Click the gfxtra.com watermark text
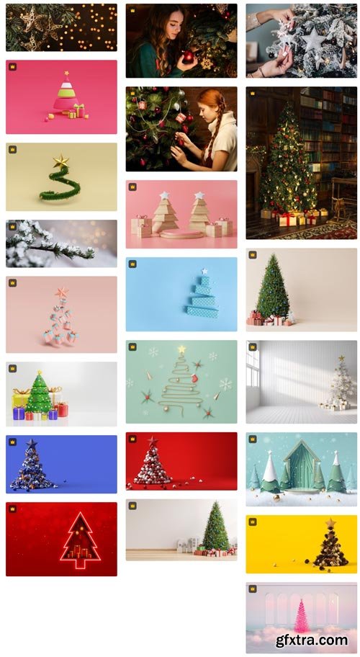click(x=312, y=640)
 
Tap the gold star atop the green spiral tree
click(x=61, y=162)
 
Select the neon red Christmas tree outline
click(x=80, y=540)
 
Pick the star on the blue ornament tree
click(x=32, y=444)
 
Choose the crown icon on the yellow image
click(x=253, y=522)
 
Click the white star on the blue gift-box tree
click(x=204, y=271)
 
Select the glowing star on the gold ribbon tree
click(x=181, y=349)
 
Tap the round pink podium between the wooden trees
click(x=181, y=234)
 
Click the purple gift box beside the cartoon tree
click(x=19, y=414)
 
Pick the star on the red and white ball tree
click(x=153, y=441)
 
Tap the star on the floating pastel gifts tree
click(x=61, y=292)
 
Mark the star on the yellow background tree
click(x=330, y=523)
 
